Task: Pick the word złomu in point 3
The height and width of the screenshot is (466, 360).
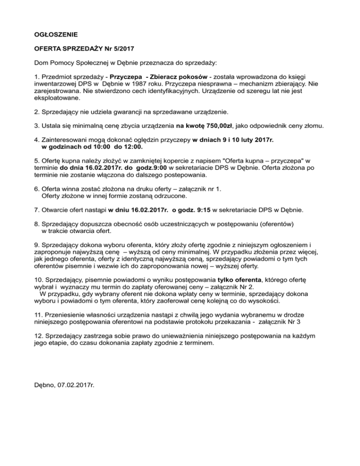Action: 311,126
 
